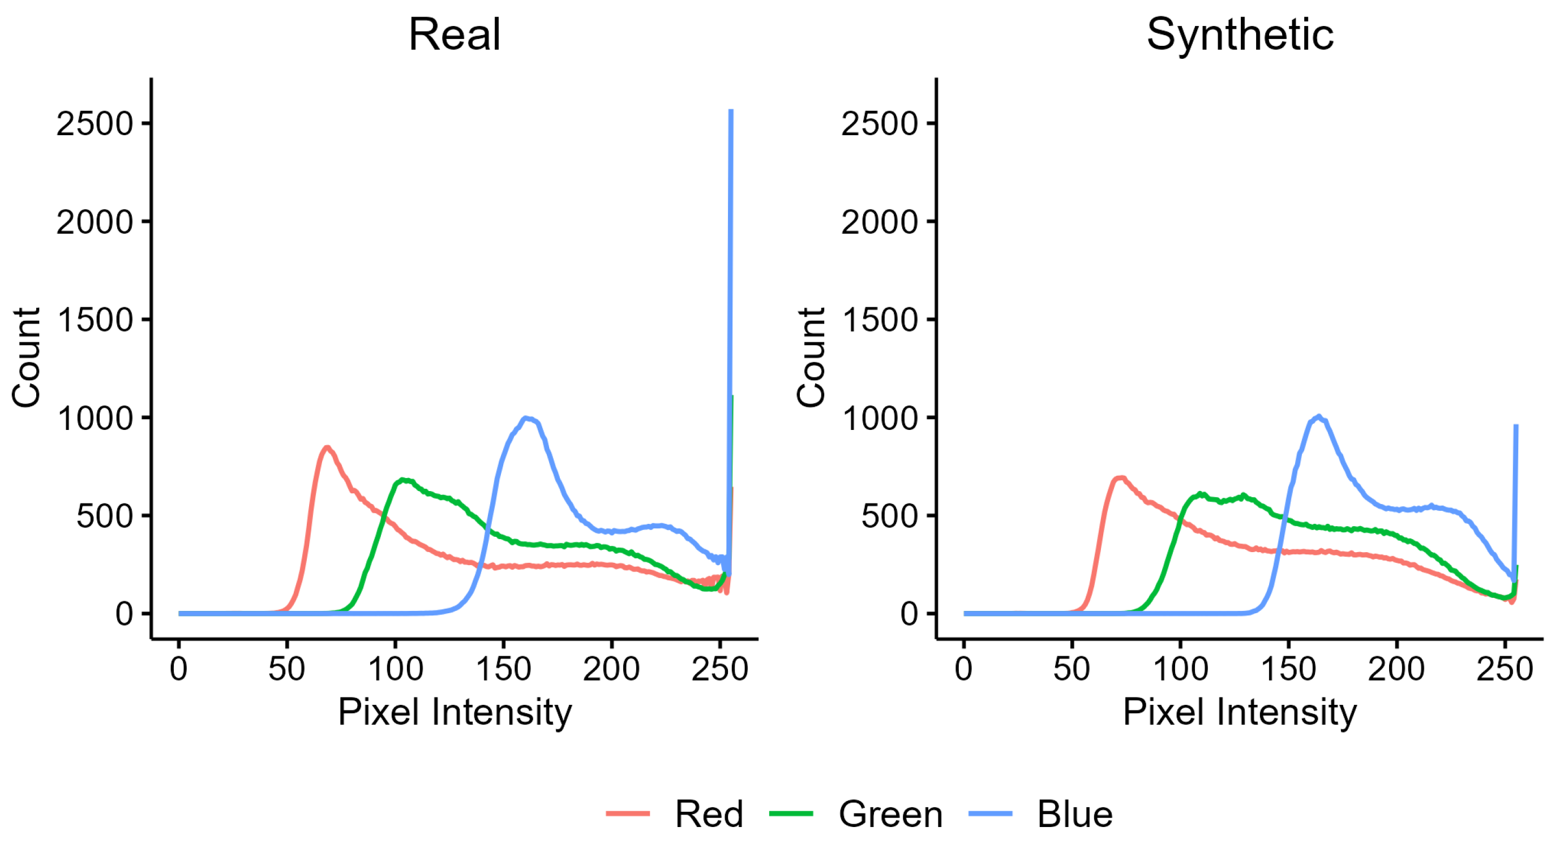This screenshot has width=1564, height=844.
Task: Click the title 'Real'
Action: (454, 35)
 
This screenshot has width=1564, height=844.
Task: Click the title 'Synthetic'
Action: (1240, 35)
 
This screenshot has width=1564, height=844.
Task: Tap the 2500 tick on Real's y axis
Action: (95, 124)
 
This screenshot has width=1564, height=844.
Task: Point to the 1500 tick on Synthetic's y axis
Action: (880, 320)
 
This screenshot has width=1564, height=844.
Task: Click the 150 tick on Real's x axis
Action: (503, 669)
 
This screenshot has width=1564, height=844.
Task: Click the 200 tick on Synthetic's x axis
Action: (1396, 669)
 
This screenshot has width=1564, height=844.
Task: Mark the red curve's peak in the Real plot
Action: (327, 447)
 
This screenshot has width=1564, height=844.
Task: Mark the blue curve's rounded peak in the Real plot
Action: (528, 418)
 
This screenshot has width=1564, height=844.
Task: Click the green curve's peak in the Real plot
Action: (402, 480)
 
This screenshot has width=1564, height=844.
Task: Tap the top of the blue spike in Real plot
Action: (731, 111)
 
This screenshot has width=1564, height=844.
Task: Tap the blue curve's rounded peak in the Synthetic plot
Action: (1318, 416)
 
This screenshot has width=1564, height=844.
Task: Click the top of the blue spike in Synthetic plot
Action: (1516, 426)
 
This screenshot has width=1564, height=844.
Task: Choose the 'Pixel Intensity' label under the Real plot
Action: (455, 712)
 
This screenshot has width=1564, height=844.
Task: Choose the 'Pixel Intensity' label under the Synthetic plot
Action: (1239, 712)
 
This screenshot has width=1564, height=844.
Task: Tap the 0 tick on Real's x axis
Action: (178, 669)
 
